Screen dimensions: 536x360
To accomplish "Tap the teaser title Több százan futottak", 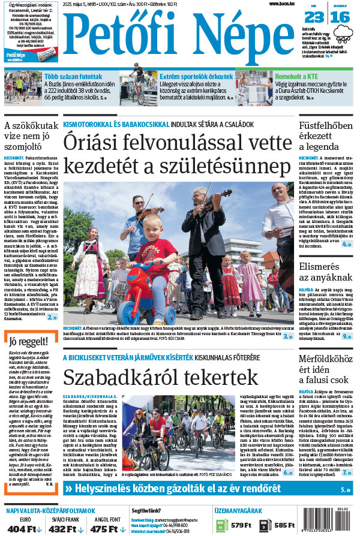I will [x=72, y=76].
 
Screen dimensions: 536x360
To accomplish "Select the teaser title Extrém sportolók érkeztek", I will [x=196, y=76].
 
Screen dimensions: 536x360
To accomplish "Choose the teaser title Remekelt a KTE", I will [x=298, y=76].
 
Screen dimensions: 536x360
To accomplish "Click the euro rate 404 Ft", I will [x=23, y=528].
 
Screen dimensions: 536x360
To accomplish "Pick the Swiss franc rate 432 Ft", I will [x=63, y=528].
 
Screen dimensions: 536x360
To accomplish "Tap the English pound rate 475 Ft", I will [x=103, y=528].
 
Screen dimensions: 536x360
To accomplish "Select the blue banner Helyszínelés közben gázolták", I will [x=174, y=489].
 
